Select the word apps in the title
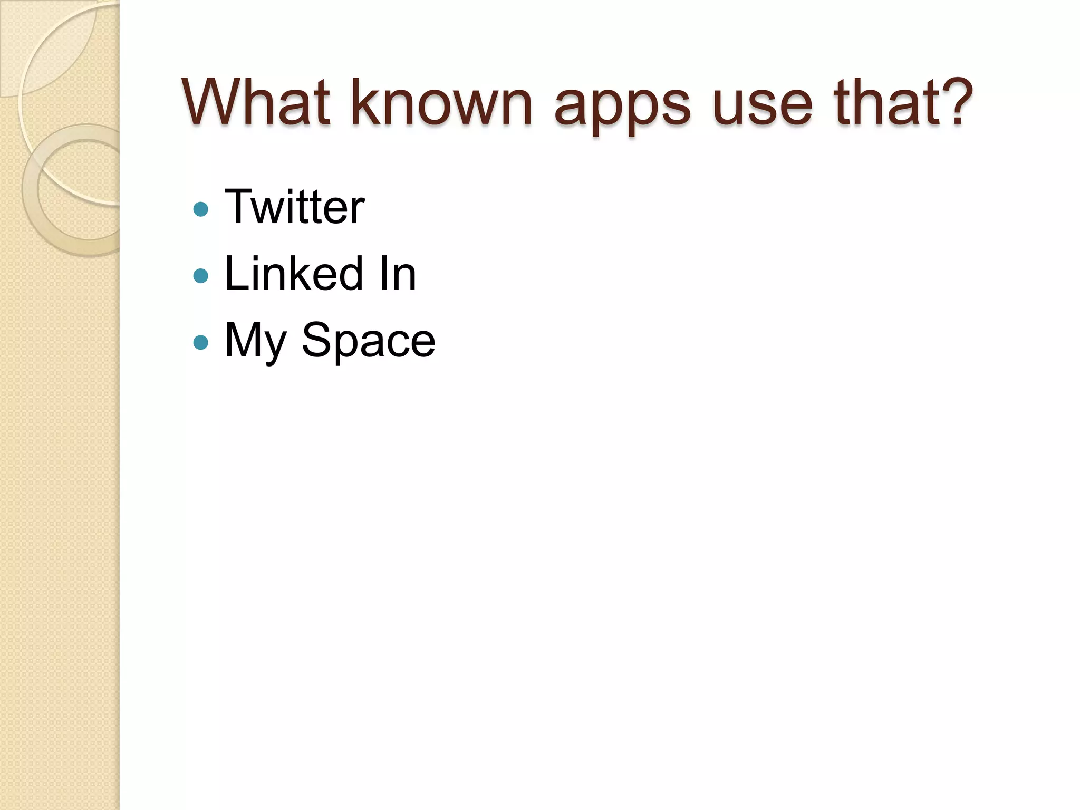click(622, 105)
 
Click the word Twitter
click(294, 207)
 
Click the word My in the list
click(256, 342)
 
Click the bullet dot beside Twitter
click(201, 209)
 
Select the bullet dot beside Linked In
click(201, 276)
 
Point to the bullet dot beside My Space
click(201, 343)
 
